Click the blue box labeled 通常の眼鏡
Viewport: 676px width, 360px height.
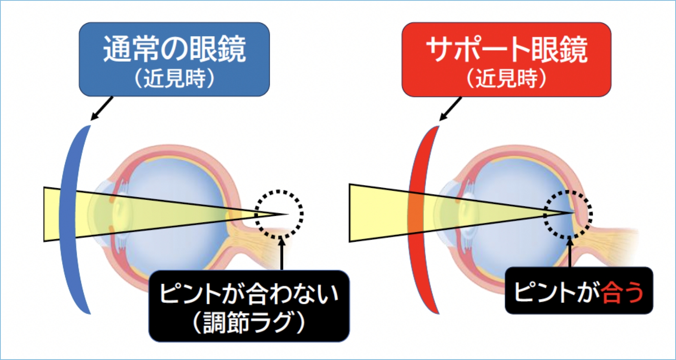click(x=174, y=59)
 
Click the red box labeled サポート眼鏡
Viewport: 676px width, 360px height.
click(x=506, y=59)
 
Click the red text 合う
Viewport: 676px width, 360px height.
click(x=623, y=292)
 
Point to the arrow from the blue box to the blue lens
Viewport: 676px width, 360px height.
click(x=102, y=108)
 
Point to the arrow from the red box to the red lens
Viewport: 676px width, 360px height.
click(x=451, y=109)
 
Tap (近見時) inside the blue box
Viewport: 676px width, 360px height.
click(x=174, y=78)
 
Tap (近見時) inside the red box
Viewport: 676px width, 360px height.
click(x=506, y=78)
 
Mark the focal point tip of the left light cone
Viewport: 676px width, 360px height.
click(x=289, y=214)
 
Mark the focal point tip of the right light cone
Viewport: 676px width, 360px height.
click(x=574, y=213)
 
